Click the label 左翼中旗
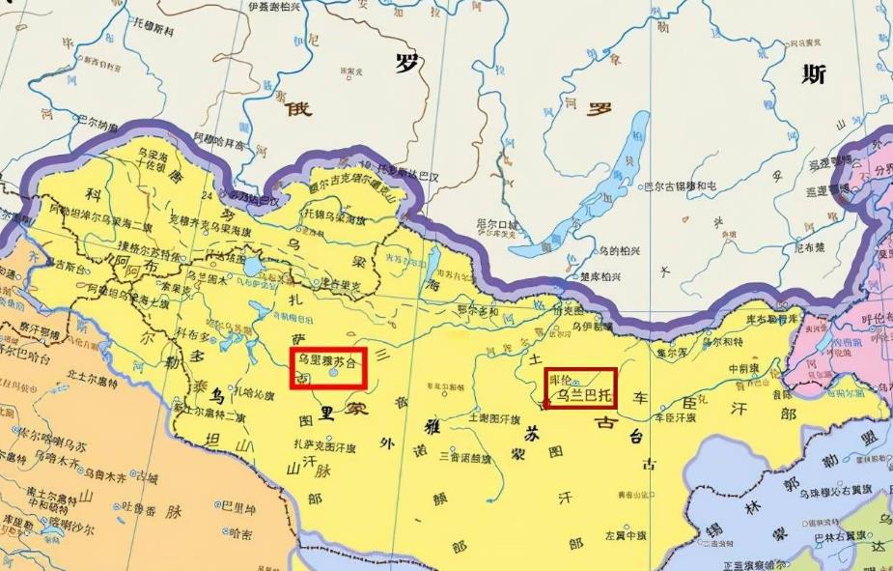[625, 534]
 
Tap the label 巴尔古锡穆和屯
[680, 185]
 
